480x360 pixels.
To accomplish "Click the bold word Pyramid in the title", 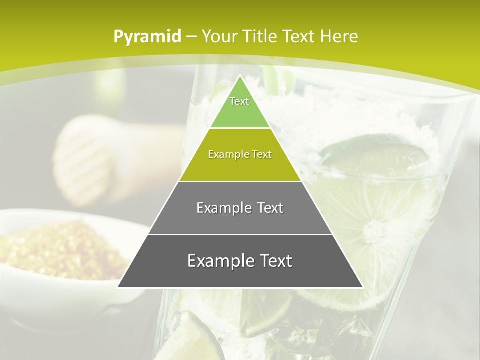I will tap(147, 36).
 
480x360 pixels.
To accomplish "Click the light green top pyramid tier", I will tap(240, 112).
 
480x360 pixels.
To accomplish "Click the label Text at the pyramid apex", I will tap(239, 101).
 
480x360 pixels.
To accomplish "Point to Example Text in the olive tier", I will tap(240, 154).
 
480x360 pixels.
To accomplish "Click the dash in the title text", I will tap(191, 36).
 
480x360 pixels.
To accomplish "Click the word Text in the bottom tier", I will tap(274, 261).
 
